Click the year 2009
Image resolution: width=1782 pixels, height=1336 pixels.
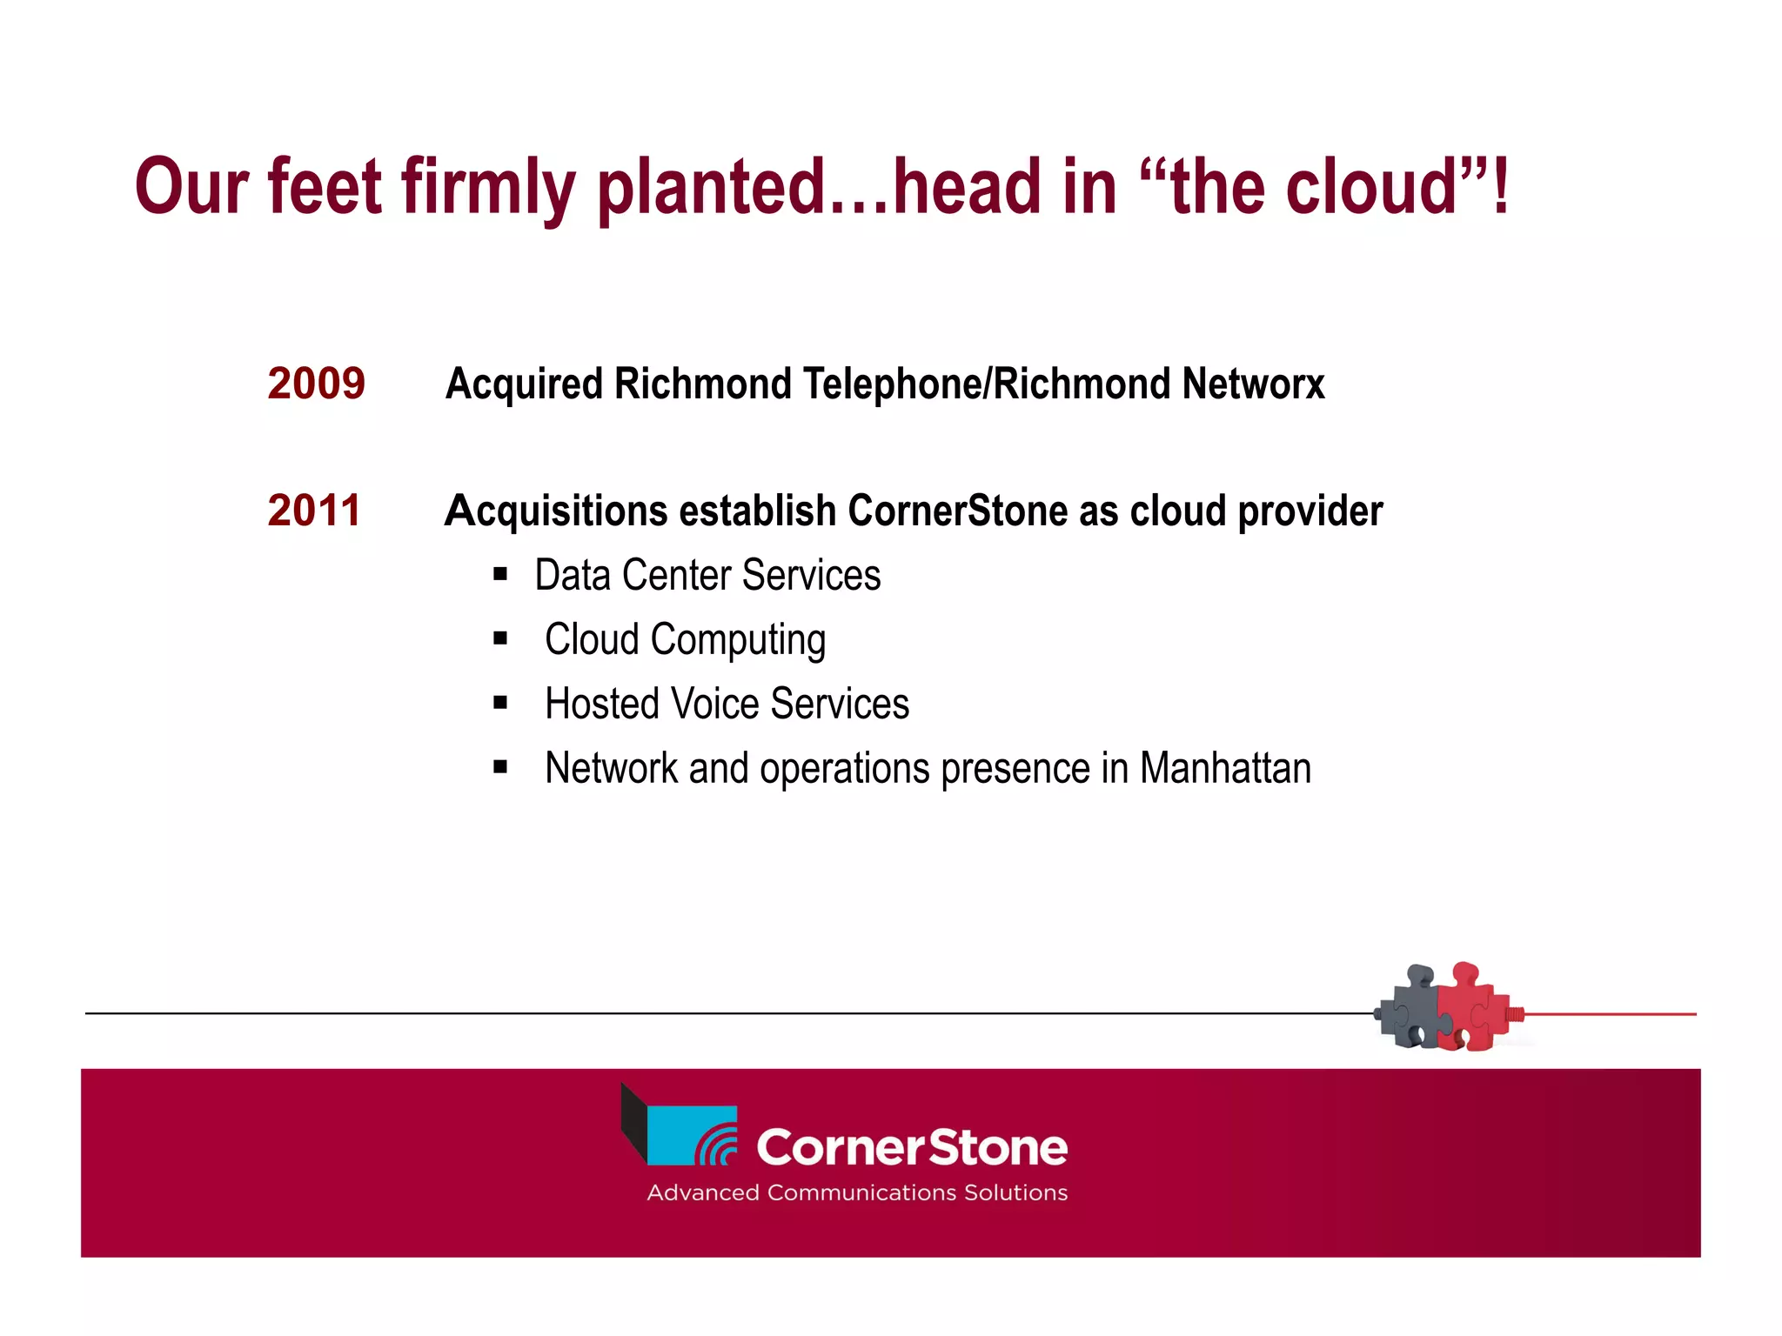tap(316, 384)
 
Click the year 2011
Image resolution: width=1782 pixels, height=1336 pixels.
tap(313, 511)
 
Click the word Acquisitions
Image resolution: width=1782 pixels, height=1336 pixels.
tap(555, 511)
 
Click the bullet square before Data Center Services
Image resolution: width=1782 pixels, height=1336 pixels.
tap(500, 574)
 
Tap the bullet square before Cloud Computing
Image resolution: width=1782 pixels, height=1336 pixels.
tap(500, 638)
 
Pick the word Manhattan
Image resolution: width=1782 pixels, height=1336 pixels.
tap(1225, 768)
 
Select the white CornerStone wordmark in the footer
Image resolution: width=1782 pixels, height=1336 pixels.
tap(911, 1147)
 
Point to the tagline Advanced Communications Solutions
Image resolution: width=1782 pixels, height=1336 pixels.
tap(856, 1192)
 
